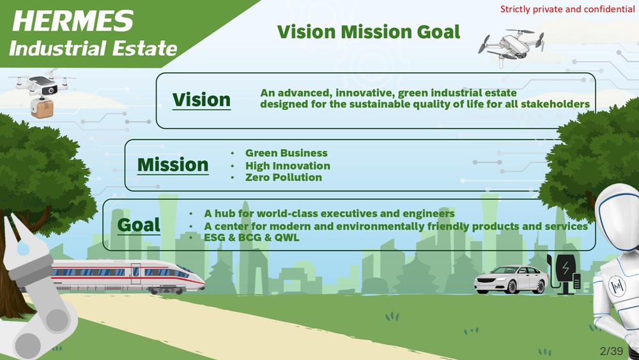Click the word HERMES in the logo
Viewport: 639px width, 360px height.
point(73,21)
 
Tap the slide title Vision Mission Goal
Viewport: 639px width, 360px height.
point(369,32)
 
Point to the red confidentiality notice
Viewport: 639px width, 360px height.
point(567,9)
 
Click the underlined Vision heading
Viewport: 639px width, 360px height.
point(201,100)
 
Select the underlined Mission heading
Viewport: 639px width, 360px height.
point(173,165)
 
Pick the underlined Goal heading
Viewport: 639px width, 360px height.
point(139,225)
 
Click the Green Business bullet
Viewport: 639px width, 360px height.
point(286,153)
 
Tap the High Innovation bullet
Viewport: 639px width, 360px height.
point(288,166)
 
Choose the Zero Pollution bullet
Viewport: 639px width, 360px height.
point(283,177)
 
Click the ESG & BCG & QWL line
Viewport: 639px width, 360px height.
point(251,237)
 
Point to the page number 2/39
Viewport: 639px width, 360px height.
point(612,351)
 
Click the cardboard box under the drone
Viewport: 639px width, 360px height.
point(42,108)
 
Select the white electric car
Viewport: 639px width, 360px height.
point(511,279)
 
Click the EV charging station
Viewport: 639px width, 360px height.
point(564,274)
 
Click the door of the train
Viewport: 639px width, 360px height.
point(135,274)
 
